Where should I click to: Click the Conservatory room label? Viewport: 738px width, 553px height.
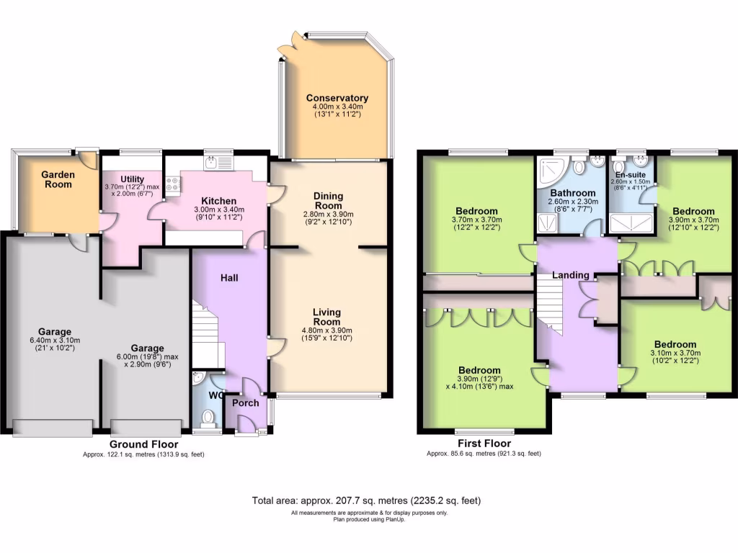pos(337,99)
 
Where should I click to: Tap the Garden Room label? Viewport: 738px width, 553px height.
pos(58,179)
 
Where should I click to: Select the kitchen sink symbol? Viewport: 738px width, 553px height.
pos(215,163)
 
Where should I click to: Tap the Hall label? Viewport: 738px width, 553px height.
pos(229,278)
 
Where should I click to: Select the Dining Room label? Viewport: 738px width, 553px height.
pos(328,201)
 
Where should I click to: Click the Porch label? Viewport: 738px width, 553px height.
pos(245,403)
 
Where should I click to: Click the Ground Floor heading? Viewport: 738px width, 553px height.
pos(143,444)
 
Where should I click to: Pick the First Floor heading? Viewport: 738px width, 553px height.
pos(484,444)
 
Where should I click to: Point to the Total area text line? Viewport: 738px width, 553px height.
pos(366,500)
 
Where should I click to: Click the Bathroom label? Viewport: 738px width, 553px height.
pos(573,193)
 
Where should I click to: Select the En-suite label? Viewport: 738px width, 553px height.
pos(631,174)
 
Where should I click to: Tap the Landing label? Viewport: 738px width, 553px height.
pos(571,275)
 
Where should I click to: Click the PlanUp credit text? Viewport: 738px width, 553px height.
pos(369,520)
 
